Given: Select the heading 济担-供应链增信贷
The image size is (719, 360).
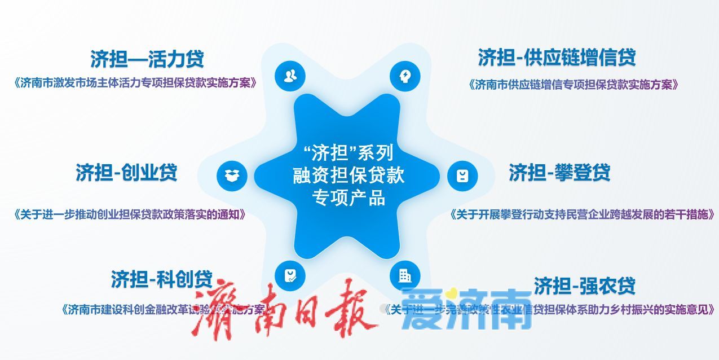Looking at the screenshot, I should tap(557, 58).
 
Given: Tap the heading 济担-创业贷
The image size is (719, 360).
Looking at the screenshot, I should tap(126, 172).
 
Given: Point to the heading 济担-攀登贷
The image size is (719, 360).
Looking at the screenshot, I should tap(559, 172).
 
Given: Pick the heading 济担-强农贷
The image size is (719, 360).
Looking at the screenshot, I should tap(584, 286).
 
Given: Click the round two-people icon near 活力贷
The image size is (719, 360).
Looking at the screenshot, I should tap(290, 76).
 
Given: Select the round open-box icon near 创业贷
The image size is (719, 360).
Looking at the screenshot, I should tap(232, 175).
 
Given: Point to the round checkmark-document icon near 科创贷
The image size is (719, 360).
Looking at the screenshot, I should tap(290, 276).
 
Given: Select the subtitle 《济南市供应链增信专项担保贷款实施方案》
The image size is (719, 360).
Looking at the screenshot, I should tap(573, 85).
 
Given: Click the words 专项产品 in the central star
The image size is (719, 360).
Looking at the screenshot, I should tap(349, 198).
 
